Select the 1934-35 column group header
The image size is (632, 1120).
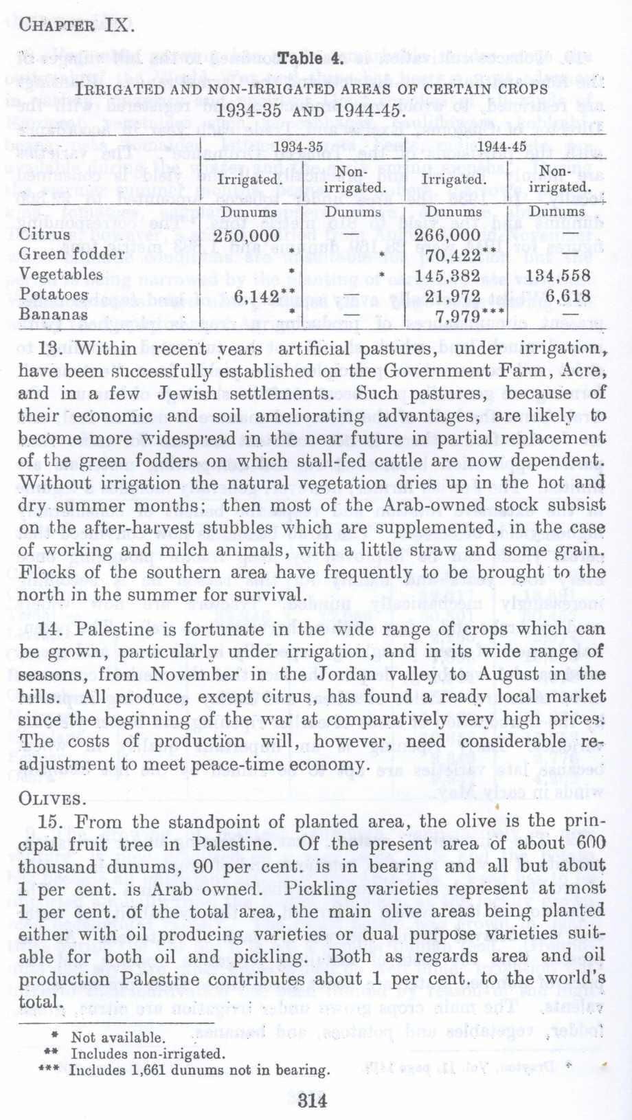[297, 146]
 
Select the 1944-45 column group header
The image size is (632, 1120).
[501, 146]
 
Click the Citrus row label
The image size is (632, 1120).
[45, 234]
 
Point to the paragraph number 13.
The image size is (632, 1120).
[52, 348]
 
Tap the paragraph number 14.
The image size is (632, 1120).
[52, 629]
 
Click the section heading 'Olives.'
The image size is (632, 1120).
[53, 799]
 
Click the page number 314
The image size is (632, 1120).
[313, 1101]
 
